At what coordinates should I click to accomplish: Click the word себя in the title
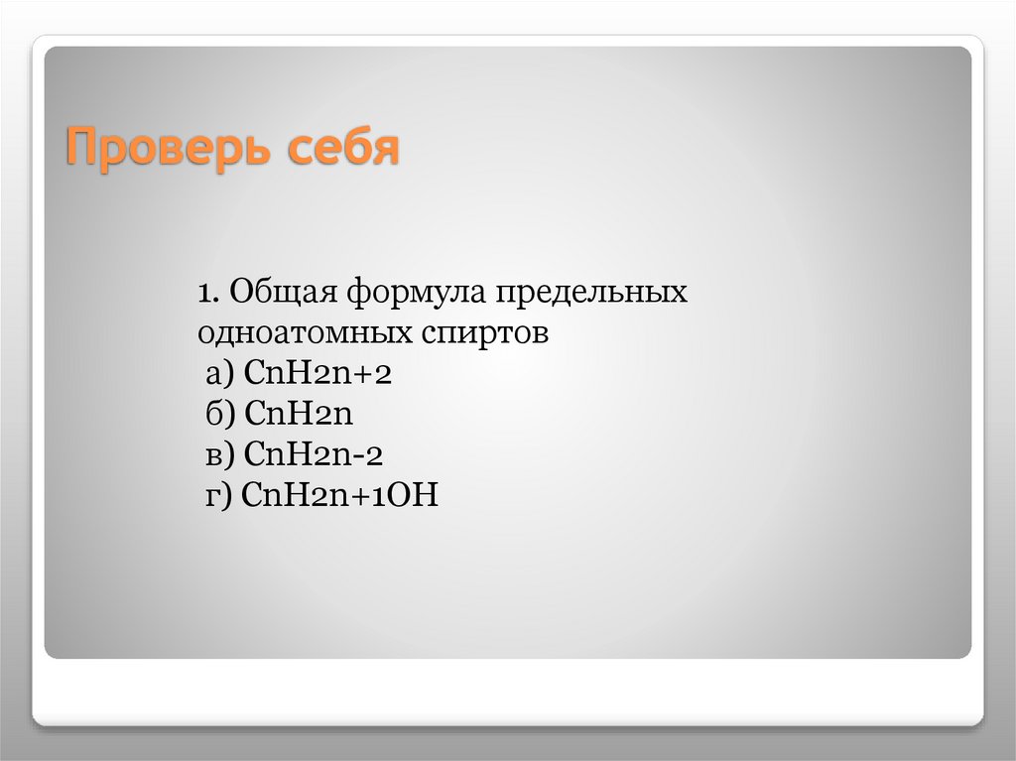344,149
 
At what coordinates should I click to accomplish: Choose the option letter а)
220,374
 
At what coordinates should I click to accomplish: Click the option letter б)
219,415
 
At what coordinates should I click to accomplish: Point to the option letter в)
219,455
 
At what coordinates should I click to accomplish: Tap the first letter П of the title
81,149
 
